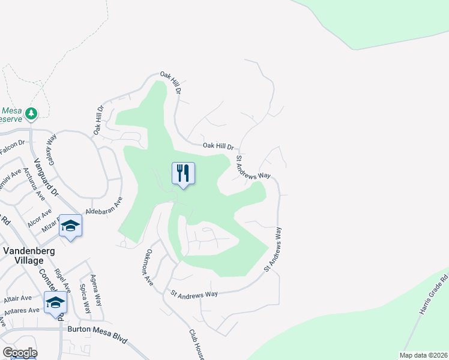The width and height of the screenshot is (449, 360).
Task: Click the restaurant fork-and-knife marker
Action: point(184,173)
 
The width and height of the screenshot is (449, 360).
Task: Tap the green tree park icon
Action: point(32,112)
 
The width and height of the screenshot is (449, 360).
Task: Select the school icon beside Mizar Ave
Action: point(71,226)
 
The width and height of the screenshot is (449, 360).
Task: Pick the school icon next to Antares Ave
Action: point(55,302)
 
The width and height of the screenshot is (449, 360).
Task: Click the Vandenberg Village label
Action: point(23,256)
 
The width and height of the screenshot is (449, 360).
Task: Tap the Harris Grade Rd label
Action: point(433,295)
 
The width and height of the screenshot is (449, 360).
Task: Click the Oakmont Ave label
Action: point(148,268)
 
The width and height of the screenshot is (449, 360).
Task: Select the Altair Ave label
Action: point(19,298)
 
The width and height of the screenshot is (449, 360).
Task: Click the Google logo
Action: point(19,353)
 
